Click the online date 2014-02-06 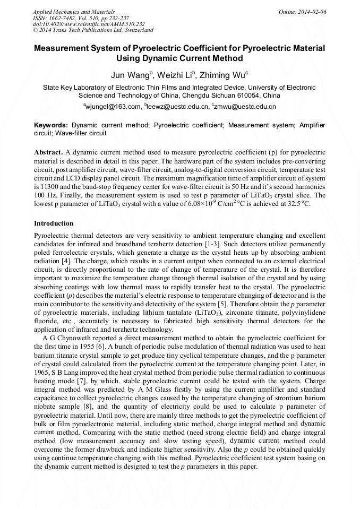312,12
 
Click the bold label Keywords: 52,125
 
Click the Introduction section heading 54,223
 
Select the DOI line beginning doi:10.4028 89,24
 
